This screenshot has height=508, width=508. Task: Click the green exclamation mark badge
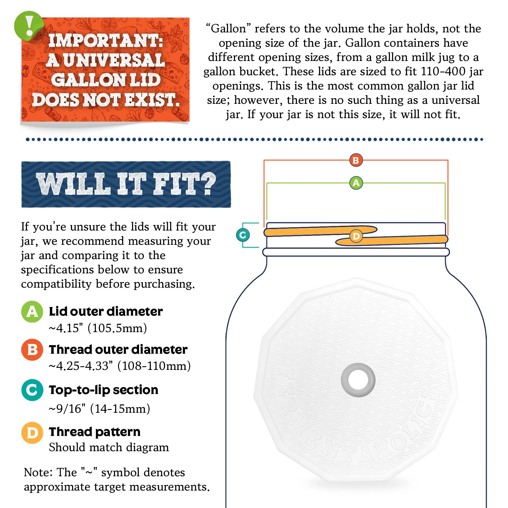pos(29,26)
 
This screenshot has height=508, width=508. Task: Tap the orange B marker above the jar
pos(356,160)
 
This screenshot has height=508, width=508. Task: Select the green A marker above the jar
pos(356,183)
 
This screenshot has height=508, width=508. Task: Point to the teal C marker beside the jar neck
pos(243,235)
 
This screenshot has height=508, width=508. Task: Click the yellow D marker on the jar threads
pos(356,236)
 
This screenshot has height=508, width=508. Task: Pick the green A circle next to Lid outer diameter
pos(32,311)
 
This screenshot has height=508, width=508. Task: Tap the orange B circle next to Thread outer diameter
pos(32,350)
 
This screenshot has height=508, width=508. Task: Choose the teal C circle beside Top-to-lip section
pos(32,390)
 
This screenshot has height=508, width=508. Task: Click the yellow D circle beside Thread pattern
pos(32,433)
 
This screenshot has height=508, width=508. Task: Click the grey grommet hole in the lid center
pos(358,380)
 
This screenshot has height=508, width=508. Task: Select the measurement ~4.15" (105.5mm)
pos(98,328)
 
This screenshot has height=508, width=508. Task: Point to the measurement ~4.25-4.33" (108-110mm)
pos(120,366)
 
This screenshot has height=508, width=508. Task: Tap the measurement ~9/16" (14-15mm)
pos(99,409)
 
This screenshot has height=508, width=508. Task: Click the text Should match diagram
pos(109,447)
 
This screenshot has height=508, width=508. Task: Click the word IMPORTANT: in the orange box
pos(105,41)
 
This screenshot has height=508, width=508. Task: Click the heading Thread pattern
pos(95,432)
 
